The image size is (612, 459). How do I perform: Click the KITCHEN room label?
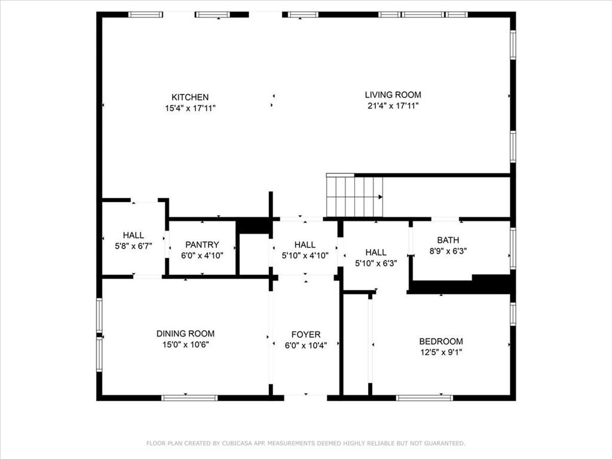pyautogui.click(x=190, y=97)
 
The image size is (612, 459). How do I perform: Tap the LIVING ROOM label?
pyautogui.click(x=393, y=95)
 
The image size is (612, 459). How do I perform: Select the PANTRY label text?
pyautogui.click(x=202, y=244)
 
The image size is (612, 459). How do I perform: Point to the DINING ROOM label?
pyautogui.click(x=185, y=333)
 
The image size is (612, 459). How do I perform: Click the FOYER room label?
pyautogui.click(x=306, y=335)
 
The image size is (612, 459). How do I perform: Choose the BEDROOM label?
pyautogui.click(x=441, y=341)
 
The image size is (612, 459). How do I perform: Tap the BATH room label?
pyautogui.click(x=448, y=240)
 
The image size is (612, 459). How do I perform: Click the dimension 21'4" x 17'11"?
pyautogui.click(x=393, y=106)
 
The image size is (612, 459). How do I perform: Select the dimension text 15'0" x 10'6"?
pyautogui.click(x=186, y=345)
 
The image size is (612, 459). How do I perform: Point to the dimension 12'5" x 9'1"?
pyautogui.click(x=441, y=353)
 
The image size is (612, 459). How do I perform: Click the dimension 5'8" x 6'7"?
pyautogui.click(x=133, y=246)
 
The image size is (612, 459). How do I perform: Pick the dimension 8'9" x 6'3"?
pyautogui.click(x=448, y=251)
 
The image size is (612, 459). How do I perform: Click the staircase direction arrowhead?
pyautogui.click(x=381, y=197)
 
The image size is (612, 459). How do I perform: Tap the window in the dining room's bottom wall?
pyautogui.click(x=189, y=398)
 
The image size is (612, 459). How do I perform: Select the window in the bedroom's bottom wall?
pyautogui.click(x=425, y=398)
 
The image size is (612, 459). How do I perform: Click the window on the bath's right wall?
pyautogui.click(x=513, y=249)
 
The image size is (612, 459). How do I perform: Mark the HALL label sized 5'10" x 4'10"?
pyautogui.click(x=305, y=244)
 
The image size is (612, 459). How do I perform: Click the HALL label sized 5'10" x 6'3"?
pyautogui.click(x=376, y=253)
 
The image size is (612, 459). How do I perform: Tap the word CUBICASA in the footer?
pyautogui.click(x=237, y=443)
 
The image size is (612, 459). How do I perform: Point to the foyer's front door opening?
pyautogui.click(x=305, y=398)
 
